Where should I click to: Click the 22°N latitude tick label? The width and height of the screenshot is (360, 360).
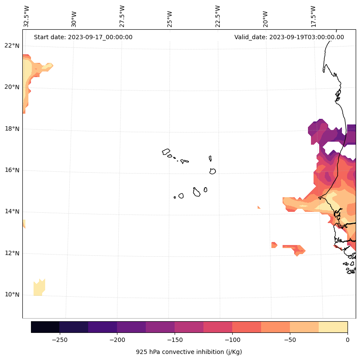click(12, 46)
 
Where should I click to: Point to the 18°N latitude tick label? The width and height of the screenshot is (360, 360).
click(12, 129)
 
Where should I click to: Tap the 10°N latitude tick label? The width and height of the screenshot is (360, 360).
click(12, 295)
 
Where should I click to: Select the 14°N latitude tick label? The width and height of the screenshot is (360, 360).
click(12, 211)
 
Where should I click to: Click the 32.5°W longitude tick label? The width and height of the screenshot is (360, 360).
click(27, 16)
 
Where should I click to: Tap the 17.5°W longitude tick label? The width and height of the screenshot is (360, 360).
click(313, 16)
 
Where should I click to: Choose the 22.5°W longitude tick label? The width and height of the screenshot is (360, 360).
click(218, 16)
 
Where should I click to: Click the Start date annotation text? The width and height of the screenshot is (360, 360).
click(83, 37)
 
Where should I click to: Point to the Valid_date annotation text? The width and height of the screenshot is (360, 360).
click(289, 37)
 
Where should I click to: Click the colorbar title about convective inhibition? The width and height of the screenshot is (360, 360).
click(189, 352)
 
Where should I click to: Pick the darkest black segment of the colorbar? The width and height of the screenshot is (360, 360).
click(45, 327)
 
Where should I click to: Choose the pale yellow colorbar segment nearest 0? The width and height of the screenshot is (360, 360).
click(333, 327)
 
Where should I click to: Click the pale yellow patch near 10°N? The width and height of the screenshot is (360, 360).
click(39, 288)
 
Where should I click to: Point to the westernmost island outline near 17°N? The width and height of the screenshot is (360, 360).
click(166, 152)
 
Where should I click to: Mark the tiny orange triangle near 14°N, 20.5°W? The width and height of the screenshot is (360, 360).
click(259, 208)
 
